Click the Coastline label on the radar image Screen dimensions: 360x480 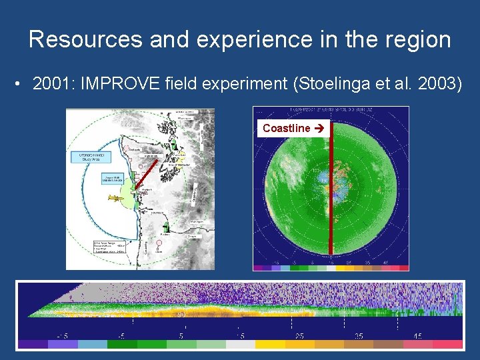tap(287, 128)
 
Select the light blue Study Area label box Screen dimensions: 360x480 tap(86, 158)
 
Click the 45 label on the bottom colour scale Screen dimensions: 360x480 tap(418, 335)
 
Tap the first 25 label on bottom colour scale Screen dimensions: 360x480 tap(299, 335)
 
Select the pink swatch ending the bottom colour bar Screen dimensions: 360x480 tap(447, 345)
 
